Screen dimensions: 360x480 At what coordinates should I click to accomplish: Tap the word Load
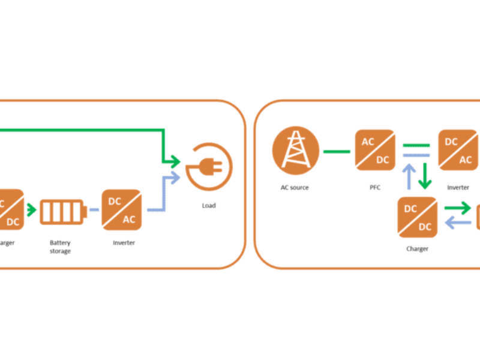209,205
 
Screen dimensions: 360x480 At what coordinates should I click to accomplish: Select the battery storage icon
62,211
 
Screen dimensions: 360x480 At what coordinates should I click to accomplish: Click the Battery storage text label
60,247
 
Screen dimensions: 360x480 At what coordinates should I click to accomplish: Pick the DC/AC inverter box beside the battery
122,211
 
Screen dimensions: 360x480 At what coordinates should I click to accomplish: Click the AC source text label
295,188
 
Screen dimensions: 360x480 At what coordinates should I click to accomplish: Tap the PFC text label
375,188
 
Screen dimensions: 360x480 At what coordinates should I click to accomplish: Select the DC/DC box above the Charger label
418,217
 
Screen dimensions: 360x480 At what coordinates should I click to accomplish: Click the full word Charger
417,248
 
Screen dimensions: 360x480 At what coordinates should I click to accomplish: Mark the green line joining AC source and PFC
336,151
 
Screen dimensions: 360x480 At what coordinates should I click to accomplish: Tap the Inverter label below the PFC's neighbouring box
458,188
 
